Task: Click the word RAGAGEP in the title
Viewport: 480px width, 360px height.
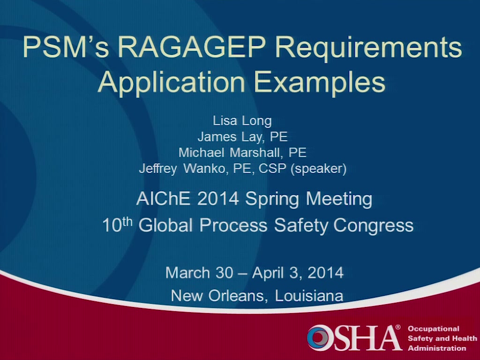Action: pyautogui.click(x=192, y=47)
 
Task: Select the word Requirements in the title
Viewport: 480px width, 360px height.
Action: pyautogui.click(x=368, y=49)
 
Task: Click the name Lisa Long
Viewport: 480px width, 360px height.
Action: pyautogui.click(x=242, y=121)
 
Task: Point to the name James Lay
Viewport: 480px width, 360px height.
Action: pyautogui.click(x=230, y=137)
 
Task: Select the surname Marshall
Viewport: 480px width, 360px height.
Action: pyautogui.click(x=256, y=152)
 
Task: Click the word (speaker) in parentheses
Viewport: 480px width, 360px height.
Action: pyautogui.click(x=319, y=169)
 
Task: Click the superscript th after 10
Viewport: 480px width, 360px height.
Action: pyautogui.click(x=127, y=222)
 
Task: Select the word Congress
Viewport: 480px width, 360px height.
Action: pyautogui.click(x=374, y=226)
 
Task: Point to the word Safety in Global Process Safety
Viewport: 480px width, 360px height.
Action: pyautogui.click(x=301, y=226)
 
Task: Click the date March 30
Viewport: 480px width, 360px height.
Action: pyautogui.click(x=199, y=272)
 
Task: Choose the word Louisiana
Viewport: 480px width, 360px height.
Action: pyautogui.click(x=309, y=296)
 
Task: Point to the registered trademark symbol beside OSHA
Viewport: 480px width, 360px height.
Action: pyautogui.click(x=398, y=327)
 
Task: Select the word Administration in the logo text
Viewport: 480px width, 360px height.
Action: pyautogui.click(x=437, y=348)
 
